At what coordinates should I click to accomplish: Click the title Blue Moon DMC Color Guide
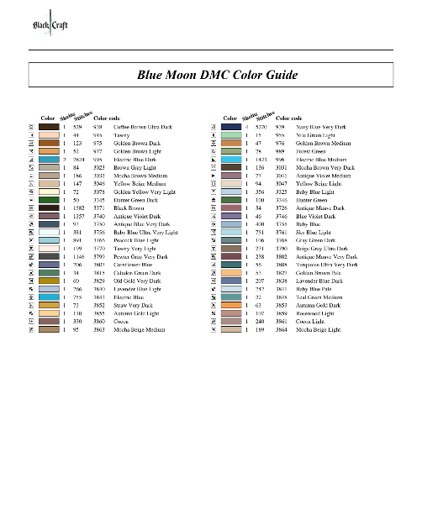(217, 75)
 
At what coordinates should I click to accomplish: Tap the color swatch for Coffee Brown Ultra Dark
(49, 126)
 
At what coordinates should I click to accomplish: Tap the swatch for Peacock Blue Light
(49, 240)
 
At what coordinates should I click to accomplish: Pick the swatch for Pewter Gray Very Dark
(49, 256)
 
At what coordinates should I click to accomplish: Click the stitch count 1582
(76, 207)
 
